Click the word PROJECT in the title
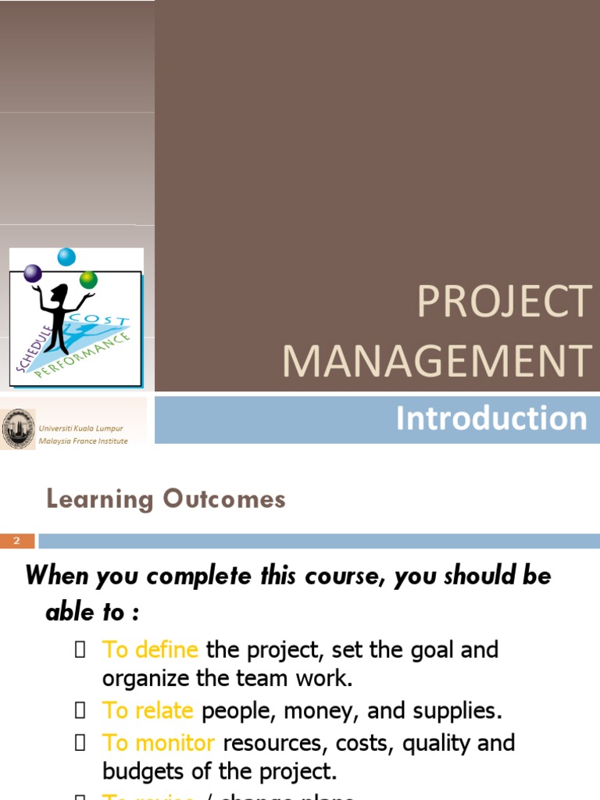coord(504,302)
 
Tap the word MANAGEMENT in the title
coord(436,361)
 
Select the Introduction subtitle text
coord(491,419)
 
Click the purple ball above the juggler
coord(33,273)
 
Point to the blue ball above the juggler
coord(66,256)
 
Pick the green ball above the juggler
coord(88,279)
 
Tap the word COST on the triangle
coord(100,322)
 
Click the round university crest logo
coord(17,429)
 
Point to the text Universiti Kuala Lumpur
coord(81,429)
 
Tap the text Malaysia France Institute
coord(84,441)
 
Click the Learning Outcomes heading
coord(166,499)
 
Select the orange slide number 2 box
coord(17,541)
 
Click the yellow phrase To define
coord(150,650)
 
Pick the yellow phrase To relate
coord(148,711)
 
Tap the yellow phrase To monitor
coord(158,742)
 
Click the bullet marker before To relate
coord(80,712)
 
